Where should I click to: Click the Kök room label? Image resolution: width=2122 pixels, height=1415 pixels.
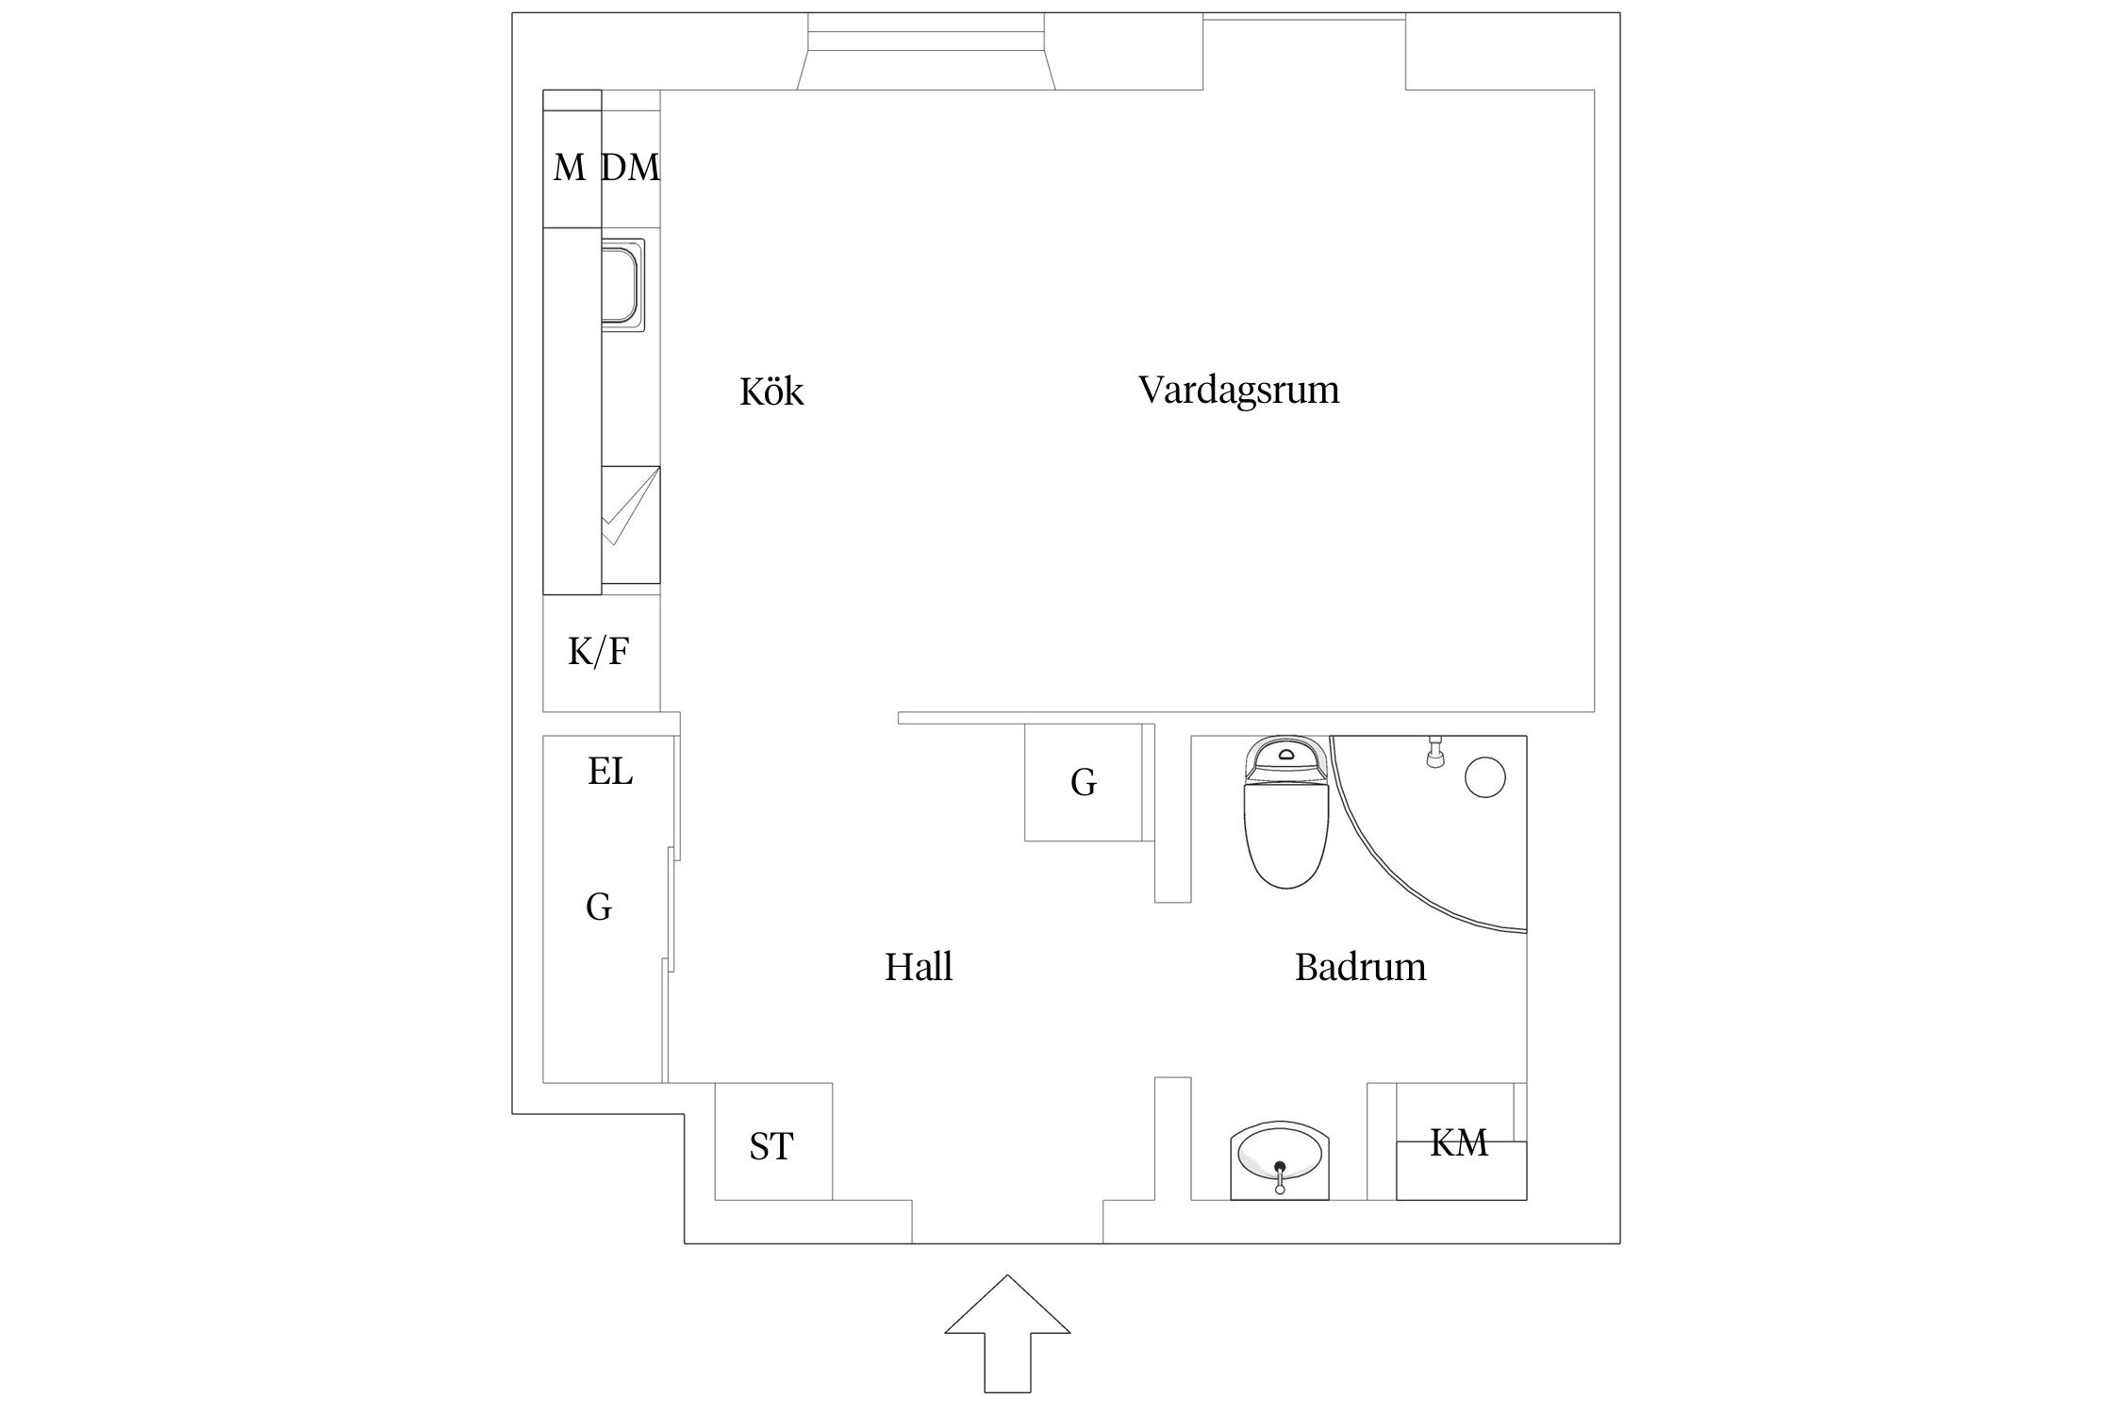point(771,391)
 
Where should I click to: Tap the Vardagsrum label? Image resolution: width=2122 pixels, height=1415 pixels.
point(1238,390)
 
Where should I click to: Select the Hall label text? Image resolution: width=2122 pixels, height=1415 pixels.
point(919,968)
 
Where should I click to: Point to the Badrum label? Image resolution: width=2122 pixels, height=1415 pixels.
point(1360,968)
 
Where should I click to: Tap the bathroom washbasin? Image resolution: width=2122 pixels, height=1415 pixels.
point(1280,1162)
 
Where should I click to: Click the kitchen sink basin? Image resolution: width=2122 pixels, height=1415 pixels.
point(623,285)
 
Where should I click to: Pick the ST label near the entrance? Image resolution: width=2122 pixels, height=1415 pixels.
point(771,1147)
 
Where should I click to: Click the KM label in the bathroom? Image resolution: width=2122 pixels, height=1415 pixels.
point(1459,1143)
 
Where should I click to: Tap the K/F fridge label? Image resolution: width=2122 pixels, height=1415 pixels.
point(599,652)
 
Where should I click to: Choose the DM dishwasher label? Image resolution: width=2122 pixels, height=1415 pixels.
point(630,168)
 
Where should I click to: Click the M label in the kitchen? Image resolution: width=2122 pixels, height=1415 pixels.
point(569,168)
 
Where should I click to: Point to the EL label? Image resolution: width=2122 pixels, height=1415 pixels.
point(610,772)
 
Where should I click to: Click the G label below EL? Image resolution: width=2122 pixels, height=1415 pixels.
point(599,907)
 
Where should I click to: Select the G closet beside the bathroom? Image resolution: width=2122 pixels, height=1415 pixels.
point(1084,782)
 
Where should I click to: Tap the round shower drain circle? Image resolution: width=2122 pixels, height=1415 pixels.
point(1484,777)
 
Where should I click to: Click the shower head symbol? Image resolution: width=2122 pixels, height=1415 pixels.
point(1434,752)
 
